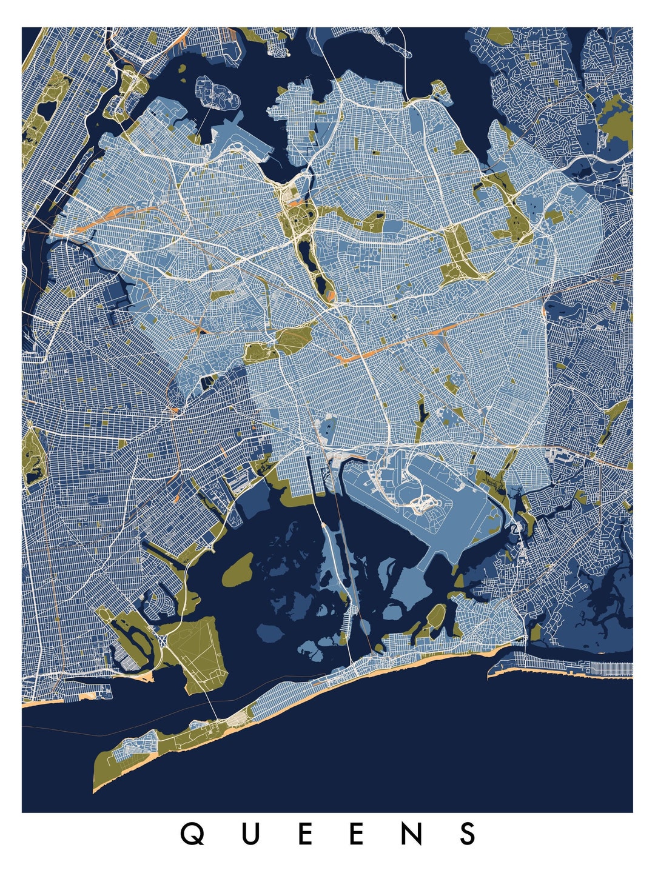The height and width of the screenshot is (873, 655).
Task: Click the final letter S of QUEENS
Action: coord(468,834)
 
